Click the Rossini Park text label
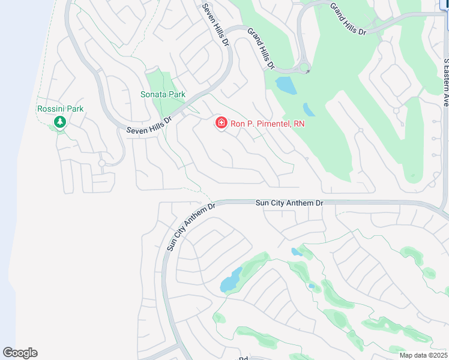click(60, 109)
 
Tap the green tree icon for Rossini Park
click(60, 122)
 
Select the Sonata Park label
click(163, 94)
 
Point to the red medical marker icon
click(221, 124)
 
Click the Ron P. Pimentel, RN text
click(268, 124)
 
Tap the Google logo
click(20, 353)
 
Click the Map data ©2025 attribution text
click(423, 355)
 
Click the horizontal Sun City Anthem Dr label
click(289, 203)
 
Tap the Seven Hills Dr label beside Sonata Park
click(149, 124)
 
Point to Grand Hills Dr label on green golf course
click(348, 19)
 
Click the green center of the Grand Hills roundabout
click(304, 67)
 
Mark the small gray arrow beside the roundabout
click(307, 72)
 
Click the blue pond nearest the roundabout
click(286, 86)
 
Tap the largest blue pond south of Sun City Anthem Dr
click(231, 280)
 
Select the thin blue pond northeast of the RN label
click(309, 109)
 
